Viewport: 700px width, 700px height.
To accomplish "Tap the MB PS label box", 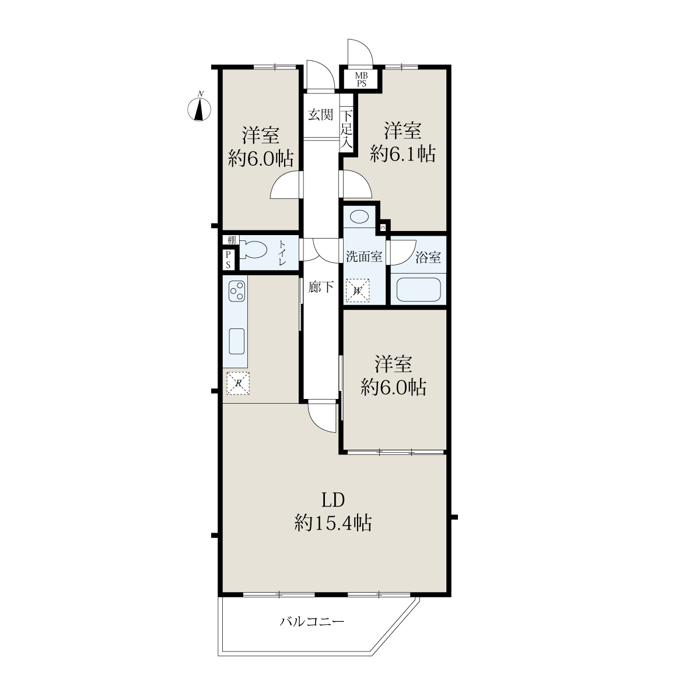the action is click(361, 80).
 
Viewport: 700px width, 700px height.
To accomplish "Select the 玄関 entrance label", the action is click(320, 115).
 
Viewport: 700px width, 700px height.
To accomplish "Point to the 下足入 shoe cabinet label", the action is click(346, 129).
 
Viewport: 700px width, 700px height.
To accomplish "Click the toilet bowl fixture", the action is click(253, 250).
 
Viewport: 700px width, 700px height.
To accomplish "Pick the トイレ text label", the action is click(282, 253).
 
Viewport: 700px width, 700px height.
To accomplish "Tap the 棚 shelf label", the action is click(232, 240).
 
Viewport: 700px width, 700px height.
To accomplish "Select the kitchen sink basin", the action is click(236, 341).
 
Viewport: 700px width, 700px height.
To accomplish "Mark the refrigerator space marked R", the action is click(238, 383).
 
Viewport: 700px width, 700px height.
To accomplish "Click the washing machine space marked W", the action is click(358, 290).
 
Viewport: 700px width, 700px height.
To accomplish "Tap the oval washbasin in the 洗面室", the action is click(359, 218).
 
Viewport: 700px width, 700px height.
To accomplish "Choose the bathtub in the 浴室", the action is click(418, 289).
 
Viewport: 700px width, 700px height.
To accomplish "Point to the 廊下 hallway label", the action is click(321, 287).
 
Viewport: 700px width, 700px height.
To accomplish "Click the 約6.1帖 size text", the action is click(403, 154).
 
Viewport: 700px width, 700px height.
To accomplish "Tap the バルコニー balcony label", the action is click(312, 621).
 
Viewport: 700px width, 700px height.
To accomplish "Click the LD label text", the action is click(333, 500).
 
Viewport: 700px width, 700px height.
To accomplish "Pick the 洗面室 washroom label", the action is click(363, 257).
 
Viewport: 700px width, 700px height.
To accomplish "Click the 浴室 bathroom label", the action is click(428, 257).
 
